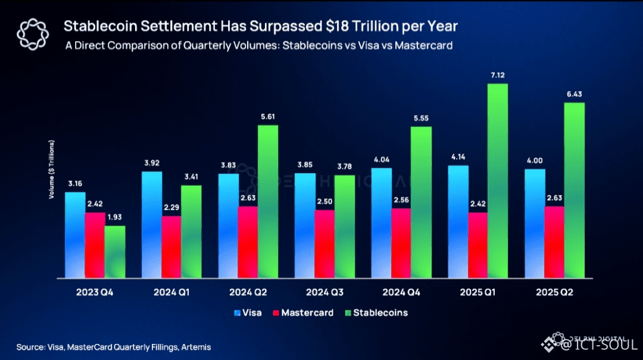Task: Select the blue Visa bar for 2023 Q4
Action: pyautogui.click(x=75, y=234)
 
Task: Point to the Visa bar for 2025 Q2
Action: pyautogui.click(x=535, y=223)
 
